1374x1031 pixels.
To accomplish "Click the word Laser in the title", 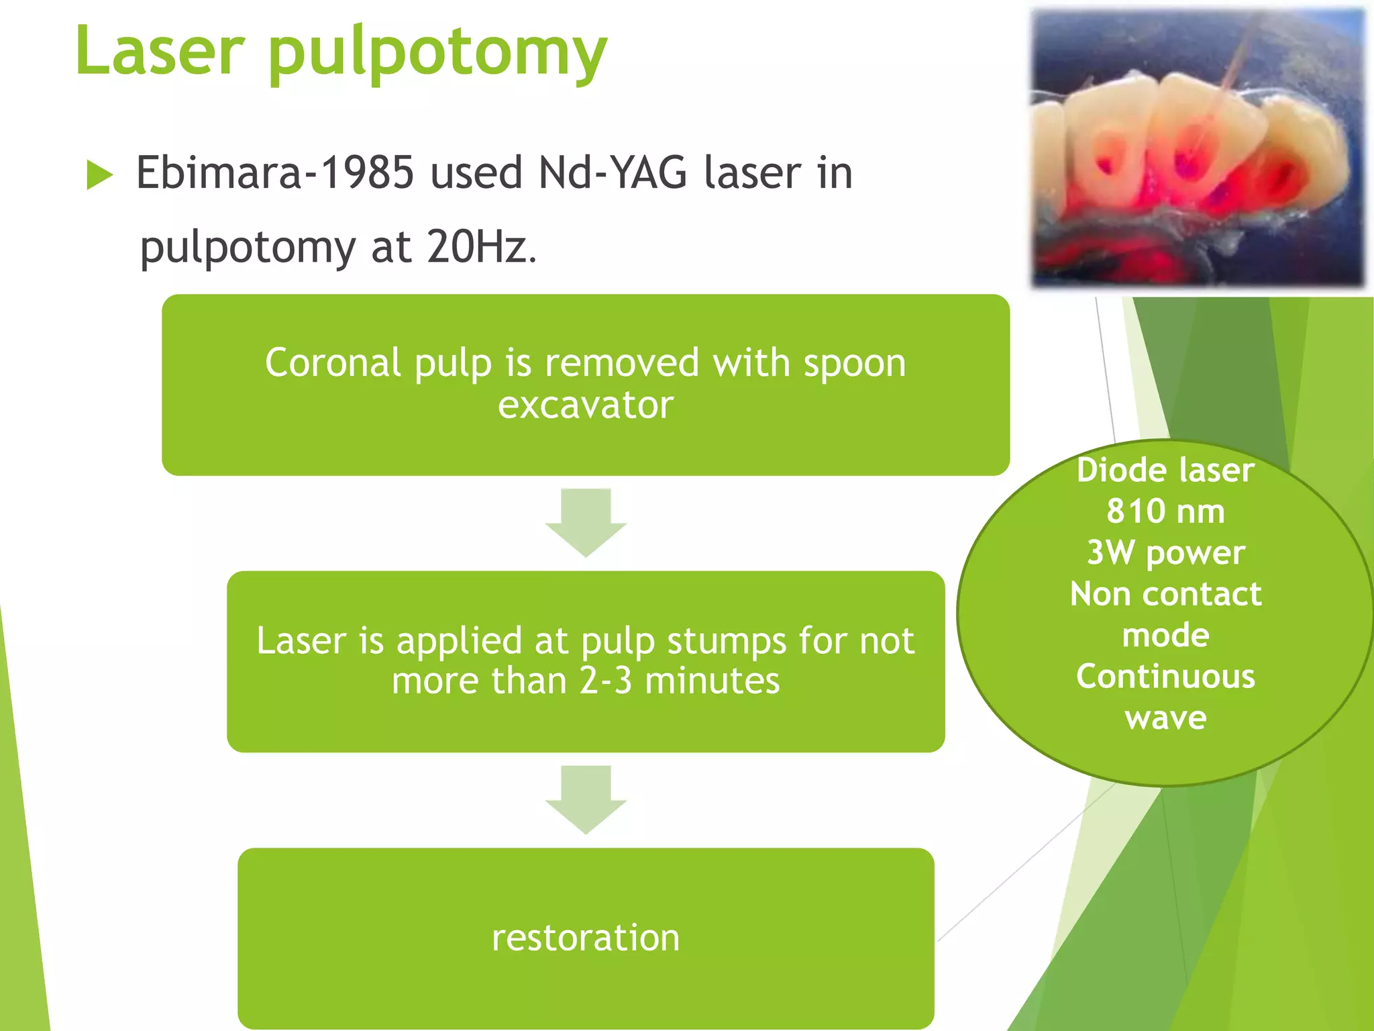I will coord(160,51).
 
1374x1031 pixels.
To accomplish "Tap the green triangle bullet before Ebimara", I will coord(99,175).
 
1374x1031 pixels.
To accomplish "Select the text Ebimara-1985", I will coord(275,173).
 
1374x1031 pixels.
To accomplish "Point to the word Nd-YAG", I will coord(613,173).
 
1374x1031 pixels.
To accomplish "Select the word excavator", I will coord(586,405).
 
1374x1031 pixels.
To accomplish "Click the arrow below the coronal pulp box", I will coord(586,522).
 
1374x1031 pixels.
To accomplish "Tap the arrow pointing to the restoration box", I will coord(586,799).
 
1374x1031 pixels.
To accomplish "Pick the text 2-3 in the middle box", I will coord(605,681).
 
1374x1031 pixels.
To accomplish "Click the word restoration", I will coord(586,938).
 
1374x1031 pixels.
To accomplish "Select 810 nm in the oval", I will coord(1165,511).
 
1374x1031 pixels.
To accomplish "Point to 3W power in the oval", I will coord(1165,553).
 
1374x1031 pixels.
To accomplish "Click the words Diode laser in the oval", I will coord(1165,471).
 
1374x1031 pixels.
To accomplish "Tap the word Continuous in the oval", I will coord(1165,677).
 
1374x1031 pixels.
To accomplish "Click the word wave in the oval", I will coord(1165,718).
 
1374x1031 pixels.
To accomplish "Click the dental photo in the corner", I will coord(1198,149).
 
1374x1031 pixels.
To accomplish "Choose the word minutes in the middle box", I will coord(712,681).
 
